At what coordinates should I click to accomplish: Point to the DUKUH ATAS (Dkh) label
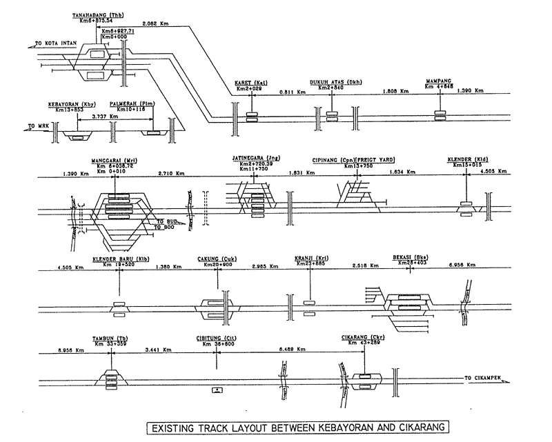coord(335,83)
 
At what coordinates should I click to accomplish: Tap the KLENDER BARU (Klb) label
coord(121,259)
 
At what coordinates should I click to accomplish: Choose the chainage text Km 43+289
coord(362,343)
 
